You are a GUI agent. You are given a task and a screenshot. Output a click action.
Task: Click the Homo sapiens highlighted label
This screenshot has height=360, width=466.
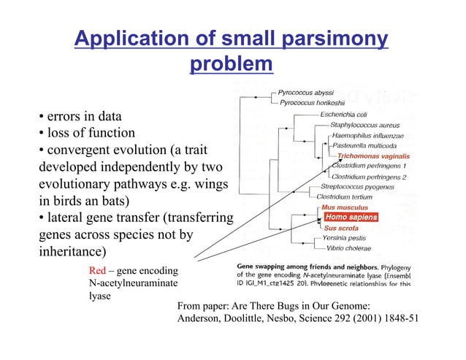pyautogui.click(x=351, y=217)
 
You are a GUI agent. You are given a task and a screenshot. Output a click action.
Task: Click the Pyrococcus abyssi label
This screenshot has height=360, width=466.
pyautogui.click(x=305, y=93)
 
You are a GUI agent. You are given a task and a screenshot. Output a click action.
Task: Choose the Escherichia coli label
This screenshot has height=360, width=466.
pyautogui.click(x=343, y=115)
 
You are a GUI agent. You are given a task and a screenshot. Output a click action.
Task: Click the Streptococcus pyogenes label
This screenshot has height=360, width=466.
pyautogui.click(x=356, y=187)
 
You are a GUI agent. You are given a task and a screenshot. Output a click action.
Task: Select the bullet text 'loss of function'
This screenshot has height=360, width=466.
pyautogui.click(x=91, y=133)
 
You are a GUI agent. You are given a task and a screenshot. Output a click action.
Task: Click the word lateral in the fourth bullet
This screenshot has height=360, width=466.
pyautogui.click(x=66, y=218)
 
